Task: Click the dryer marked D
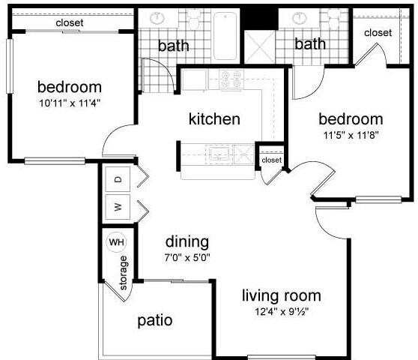[x=118, y=180]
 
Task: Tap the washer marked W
[x=118, y=205]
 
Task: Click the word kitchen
[x=213, y=119]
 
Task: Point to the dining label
[x=187, y=242]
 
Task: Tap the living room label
[x=281, y=295]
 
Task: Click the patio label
[x=155, y=320]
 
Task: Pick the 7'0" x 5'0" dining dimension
[x=187, y=257]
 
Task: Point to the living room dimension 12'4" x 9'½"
[x=281, y=310]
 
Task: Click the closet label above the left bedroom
[x=70, y=23]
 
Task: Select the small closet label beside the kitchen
[x=271, y=160]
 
